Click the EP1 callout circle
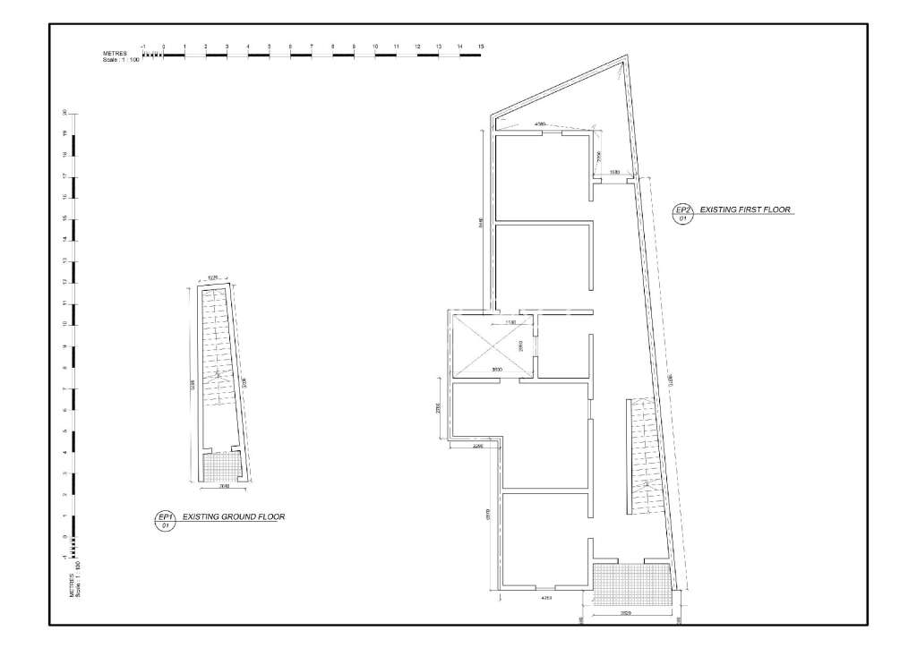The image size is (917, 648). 164,521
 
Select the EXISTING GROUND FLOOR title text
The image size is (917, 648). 233,517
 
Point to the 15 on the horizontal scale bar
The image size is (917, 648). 481,45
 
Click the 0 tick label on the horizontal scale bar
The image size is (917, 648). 163,45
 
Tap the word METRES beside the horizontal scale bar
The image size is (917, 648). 115,54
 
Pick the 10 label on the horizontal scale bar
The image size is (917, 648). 375,45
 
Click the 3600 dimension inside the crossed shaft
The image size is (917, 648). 495,369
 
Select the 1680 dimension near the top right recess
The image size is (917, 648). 615,172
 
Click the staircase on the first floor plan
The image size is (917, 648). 645,456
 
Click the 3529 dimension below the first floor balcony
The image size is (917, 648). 628,613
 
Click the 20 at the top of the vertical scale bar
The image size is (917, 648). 64,113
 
